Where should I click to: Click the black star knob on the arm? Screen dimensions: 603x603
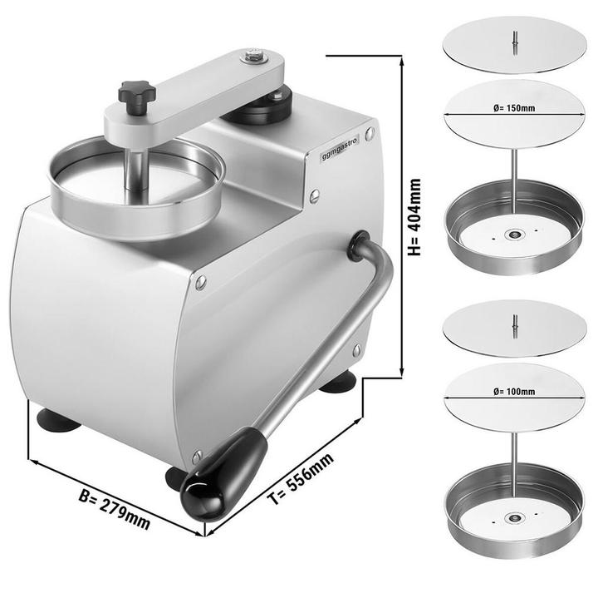click(136, 93)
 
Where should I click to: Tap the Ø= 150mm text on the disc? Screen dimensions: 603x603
click(514, 108)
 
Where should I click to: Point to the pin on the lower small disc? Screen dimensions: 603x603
click(514, 323)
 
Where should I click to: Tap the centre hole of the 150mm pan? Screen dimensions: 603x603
click(513, 235)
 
